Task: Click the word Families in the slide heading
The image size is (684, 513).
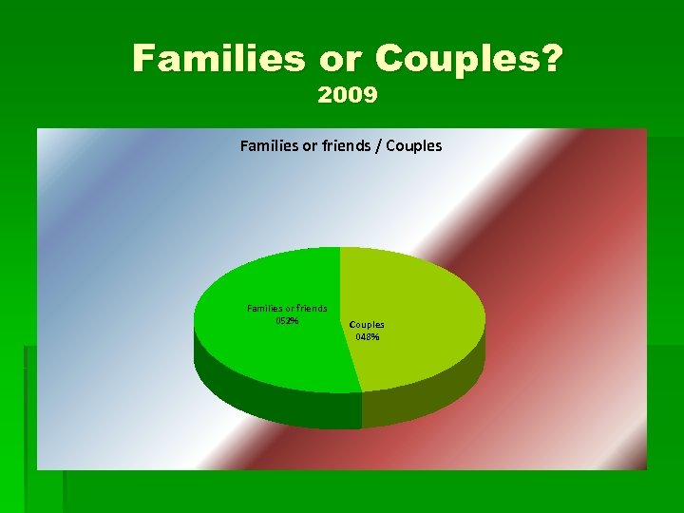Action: (218, 59)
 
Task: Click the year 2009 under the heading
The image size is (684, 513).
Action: (348, 95)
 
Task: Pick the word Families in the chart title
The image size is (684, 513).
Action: (270, 146)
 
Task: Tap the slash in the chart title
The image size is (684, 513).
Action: (378, 146)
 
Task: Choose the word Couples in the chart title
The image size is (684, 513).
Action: (413, 146)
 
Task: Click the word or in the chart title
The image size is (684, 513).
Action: (311, 146)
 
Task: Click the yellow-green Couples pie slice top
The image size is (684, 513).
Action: (418, 294)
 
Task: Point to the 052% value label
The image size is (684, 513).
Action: (286, 321)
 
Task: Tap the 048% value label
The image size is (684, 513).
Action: (368, 336)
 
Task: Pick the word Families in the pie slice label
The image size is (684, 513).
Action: (265, 308)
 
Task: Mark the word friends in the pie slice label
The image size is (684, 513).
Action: (312, 308)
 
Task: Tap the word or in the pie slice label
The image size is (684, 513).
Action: (290, 308)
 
